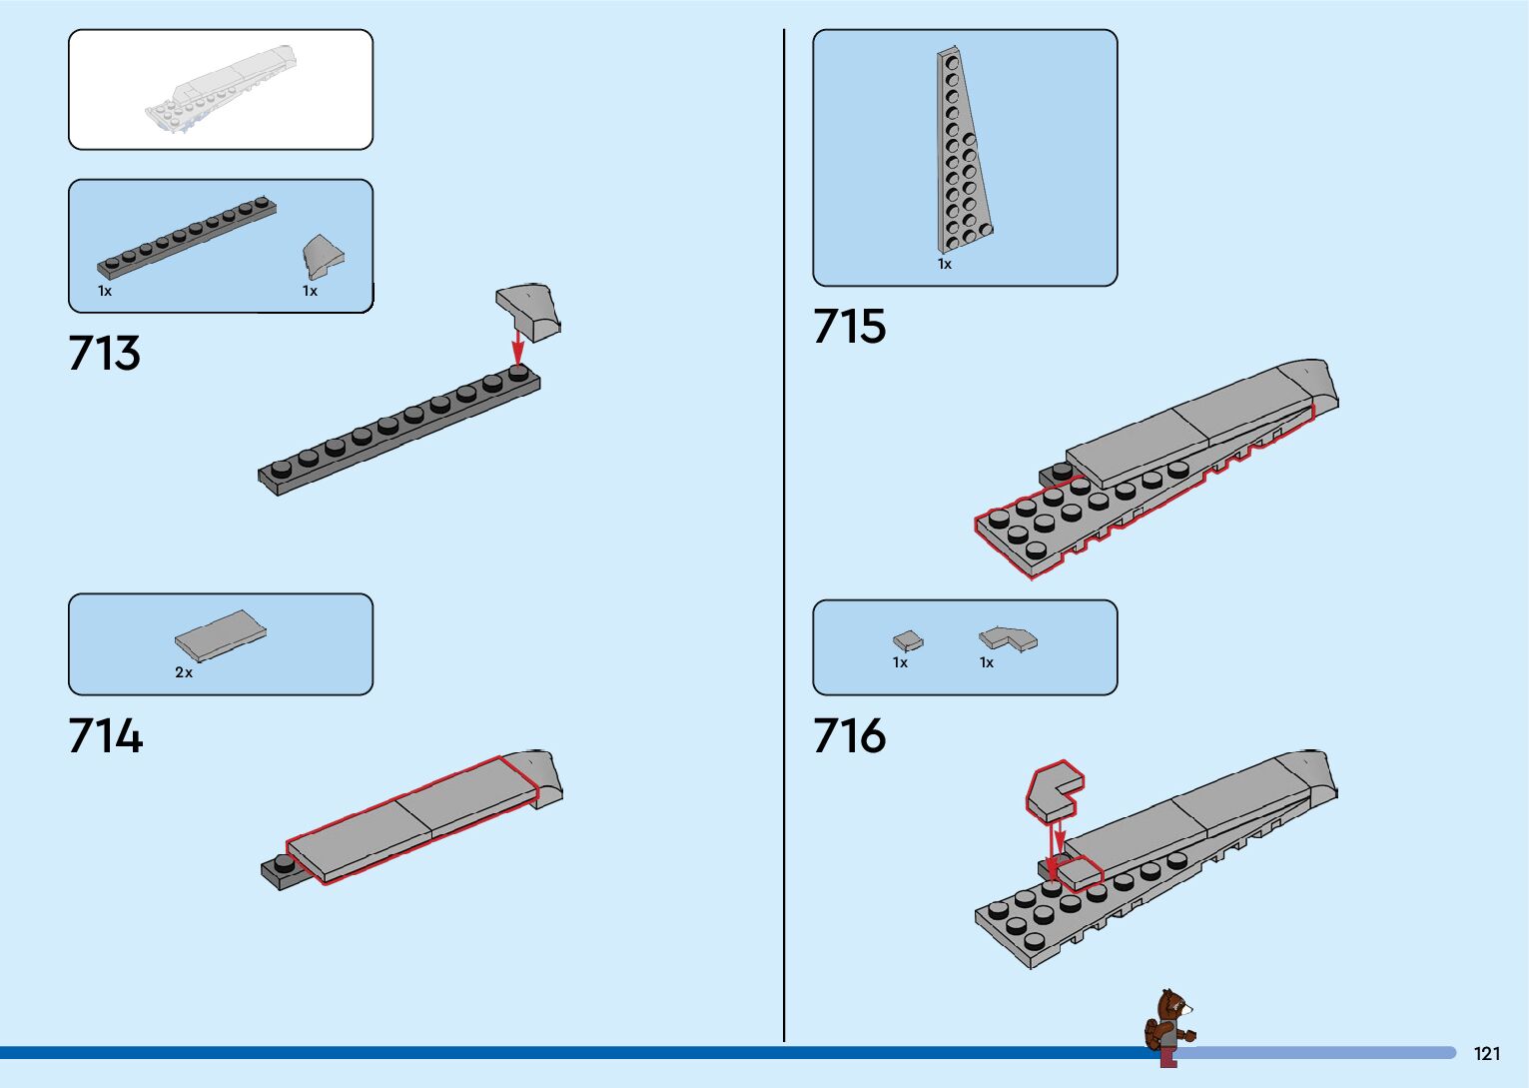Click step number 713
(105, 353)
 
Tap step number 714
(106, 736)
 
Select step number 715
(849, 327)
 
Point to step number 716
(849, 736)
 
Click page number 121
(1487, 1054)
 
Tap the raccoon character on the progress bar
(1169, 1027)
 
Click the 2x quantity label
(184, 672)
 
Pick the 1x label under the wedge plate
(945, 264)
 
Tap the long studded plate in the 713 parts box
(187, 237)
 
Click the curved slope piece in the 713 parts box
(323, 257)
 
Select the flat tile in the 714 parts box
(221, 635)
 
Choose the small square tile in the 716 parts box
(908, 640)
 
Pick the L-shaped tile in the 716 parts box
(1008, 638)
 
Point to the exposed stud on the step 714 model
(284, 864)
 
